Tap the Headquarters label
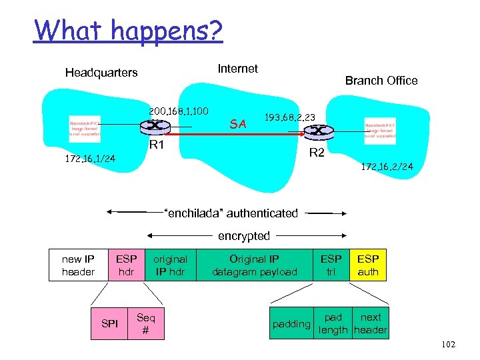click(x=101, y=73)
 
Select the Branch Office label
click(x=381, y=81)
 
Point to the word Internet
click(x=238, y=69)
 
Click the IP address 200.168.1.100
click(x=179, y=110)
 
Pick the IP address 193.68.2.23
click(x=290, y=117)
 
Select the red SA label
click(x=238, y=123)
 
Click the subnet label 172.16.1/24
click(x=91, y=159)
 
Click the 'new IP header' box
click(x=78, y=265)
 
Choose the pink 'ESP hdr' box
click(x=126, y=265)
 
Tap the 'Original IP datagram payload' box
click(x=254, y=265)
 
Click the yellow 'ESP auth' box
click(x=368, y=265)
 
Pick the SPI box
click(x=110, y=323)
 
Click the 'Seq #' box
click(x=145, y=323)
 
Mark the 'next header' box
click(x=371, y=323)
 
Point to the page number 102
click(x=448, y=344)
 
